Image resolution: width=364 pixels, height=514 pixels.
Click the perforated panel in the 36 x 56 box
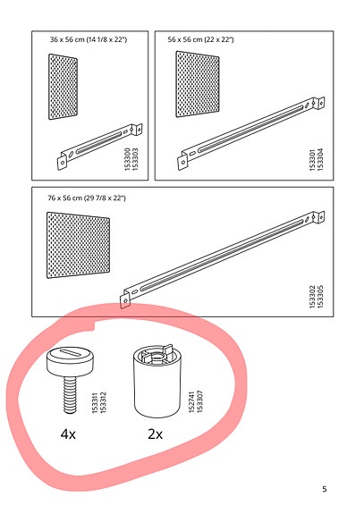(x=63, y=87)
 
